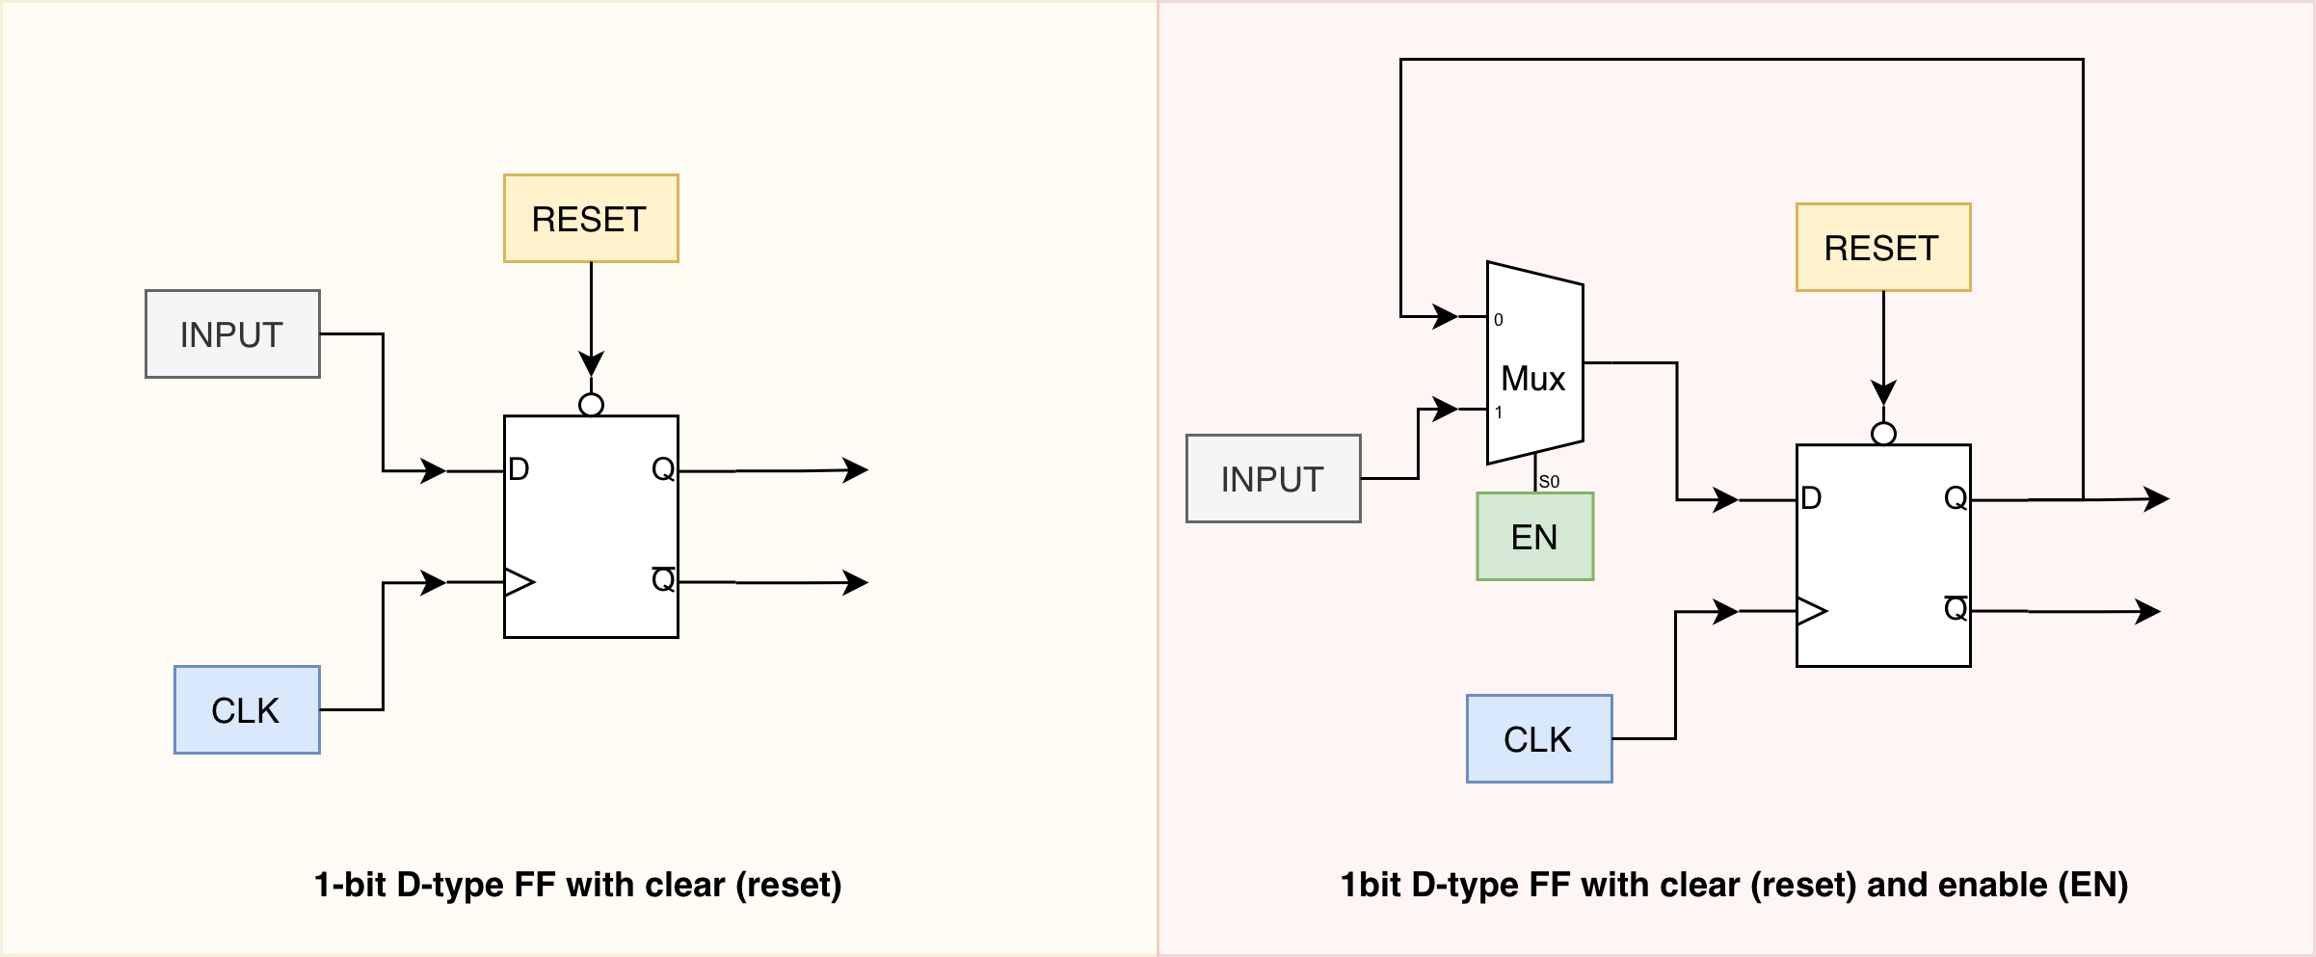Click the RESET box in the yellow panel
[x=591, y=219]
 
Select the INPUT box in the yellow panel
[x=232, y=334]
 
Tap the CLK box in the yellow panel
[x=247, y=710]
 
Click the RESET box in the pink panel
[x=1883, y=248]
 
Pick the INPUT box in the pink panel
[x=1273, y=479]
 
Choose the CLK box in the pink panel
[x=1539, y=739]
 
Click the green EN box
[x=1535, y=537]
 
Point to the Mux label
[x=1533, y=379]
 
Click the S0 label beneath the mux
[x=1549, y=482]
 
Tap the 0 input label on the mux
[x=1499, y=320]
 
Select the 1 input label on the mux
[x=1499, y=412]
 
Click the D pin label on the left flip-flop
[x=519, y=469]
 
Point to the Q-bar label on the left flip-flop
[x=663, y=579]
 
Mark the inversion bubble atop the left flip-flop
[x=592, y=405]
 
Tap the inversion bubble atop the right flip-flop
[x=1883, y=434]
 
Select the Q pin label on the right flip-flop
[x=1956, y=498]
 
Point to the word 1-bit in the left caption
[x=351, y=885]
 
